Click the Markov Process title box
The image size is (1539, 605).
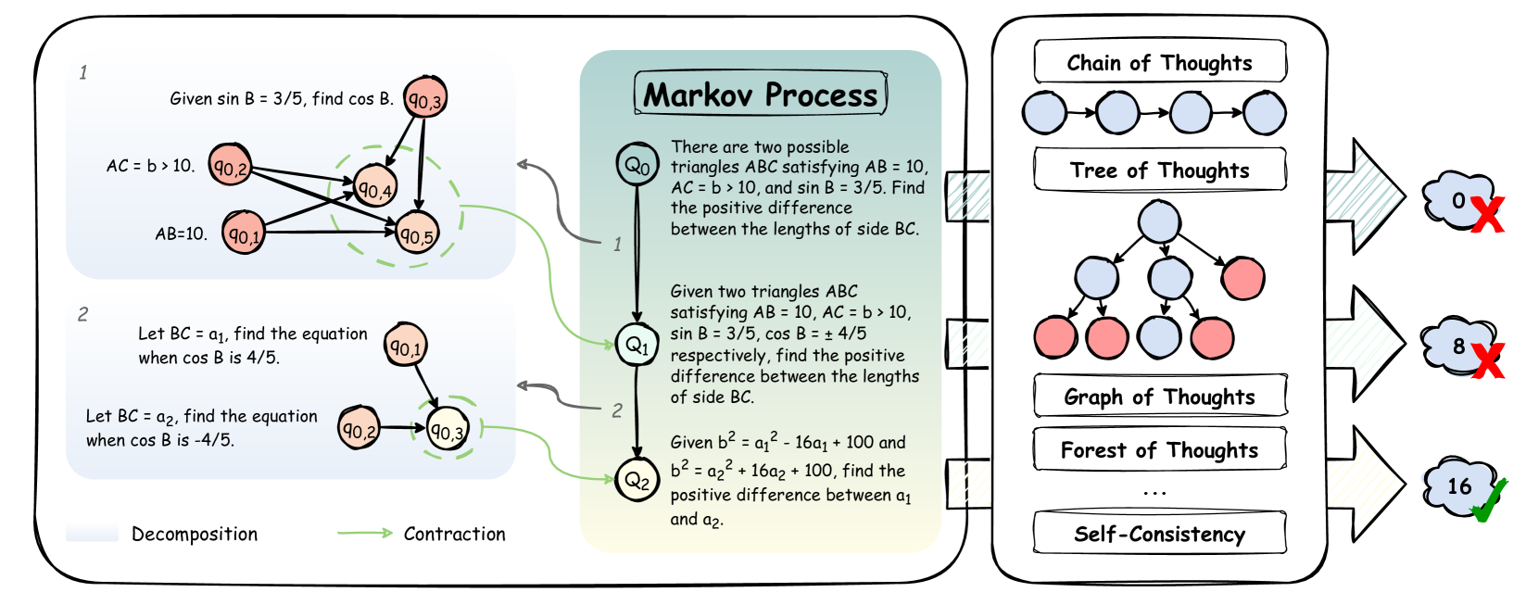point(760,95)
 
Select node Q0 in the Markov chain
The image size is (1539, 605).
point(637,165)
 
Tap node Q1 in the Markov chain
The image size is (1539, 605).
point(637,345)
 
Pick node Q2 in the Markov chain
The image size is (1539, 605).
point(637,479)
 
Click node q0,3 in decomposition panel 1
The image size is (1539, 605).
point(425,98)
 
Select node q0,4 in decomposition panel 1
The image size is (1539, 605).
point(375,188)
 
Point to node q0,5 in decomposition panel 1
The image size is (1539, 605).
point(416,234)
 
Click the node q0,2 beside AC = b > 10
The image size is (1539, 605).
point(230,166)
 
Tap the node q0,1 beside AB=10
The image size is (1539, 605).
point(244,233)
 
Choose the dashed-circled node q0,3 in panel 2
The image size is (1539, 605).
point(448,430)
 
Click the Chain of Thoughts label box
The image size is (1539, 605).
point(1159,63)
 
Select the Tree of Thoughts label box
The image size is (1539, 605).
point(1159,170)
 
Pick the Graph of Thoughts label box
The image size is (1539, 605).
point(1159,397)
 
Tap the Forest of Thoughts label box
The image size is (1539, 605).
point(1159,450)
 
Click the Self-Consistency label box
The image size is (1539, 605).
point(1159,534)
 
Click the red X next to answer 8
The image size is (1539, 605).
point(1487,360)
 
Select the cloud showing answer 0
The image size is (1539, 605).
point(1457,200)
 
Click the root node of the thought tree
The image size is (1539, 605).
point(1159,222)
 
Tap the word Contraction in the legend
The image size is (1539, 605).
point(454,534)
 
